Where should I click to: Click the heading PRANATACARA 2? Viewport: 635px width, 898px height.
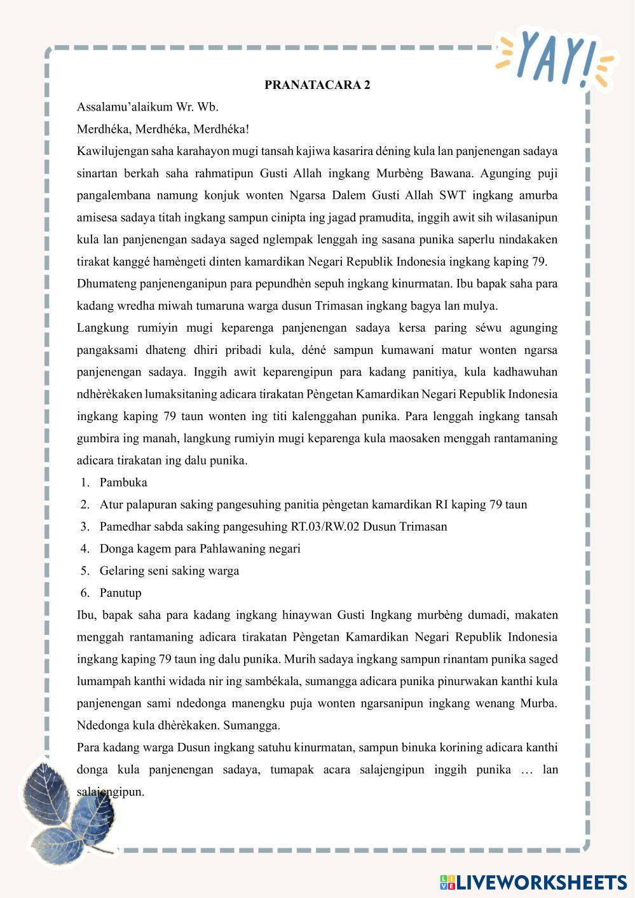[x=317, y=85]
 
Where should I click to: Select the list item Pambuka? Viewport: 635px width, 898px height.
[x=123, y=482]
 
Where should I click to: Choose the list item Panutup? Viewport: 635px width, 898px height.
[x=121, y=593]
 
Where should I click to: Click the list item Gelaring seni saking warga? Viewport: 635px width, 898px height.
[x=169, y=571]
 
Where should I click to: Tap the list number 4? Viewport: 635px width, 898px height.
[x=85, y=548]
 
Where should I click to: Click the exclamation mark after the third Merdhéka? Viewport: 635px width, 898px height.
[x=247, y=130]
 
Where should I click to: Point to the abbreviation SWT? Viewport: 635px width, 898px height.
[x=453, y=195]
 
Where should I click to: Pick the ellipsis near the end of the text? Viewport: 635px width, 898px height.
[x=526, y=770]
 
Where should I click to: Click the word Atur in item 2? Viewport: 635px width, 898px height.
[x=111, y=505]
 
